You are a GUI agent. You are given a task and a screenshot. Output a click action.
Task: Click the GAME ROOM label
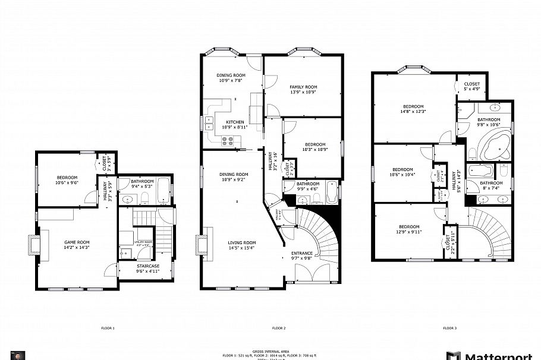click(77, 242)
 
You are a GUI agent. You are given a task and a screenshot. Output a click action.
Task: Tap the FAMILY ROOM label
click(303, 87)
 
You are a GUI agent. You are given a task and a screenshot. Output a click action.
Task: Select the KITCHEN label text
click(234, 122)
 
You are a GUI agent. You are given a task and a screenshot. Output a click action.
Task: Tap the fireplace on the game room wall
click(32, 243)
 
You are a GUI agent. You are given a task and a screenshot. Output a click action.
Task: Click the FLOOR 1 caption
click(108, 328)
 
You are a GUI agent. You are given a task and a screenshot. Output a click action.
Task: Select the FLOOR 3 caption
click(449, 328)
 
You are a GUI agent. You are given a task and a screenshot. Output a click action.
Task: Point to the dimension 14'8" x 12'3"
click(413, 111)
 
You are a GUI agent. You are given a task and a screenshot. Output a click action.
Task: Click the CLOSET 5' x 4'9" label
click(471, 87)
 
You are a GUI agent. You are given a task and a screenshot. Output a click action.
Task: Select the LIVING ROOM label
click(242, 242)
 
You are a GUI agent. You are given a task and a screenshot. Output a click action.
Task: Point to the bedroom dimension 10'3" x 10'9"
click(314, 149)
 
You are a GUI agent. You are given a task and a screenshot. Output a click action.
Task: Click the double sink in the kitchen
click(210, 123)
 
